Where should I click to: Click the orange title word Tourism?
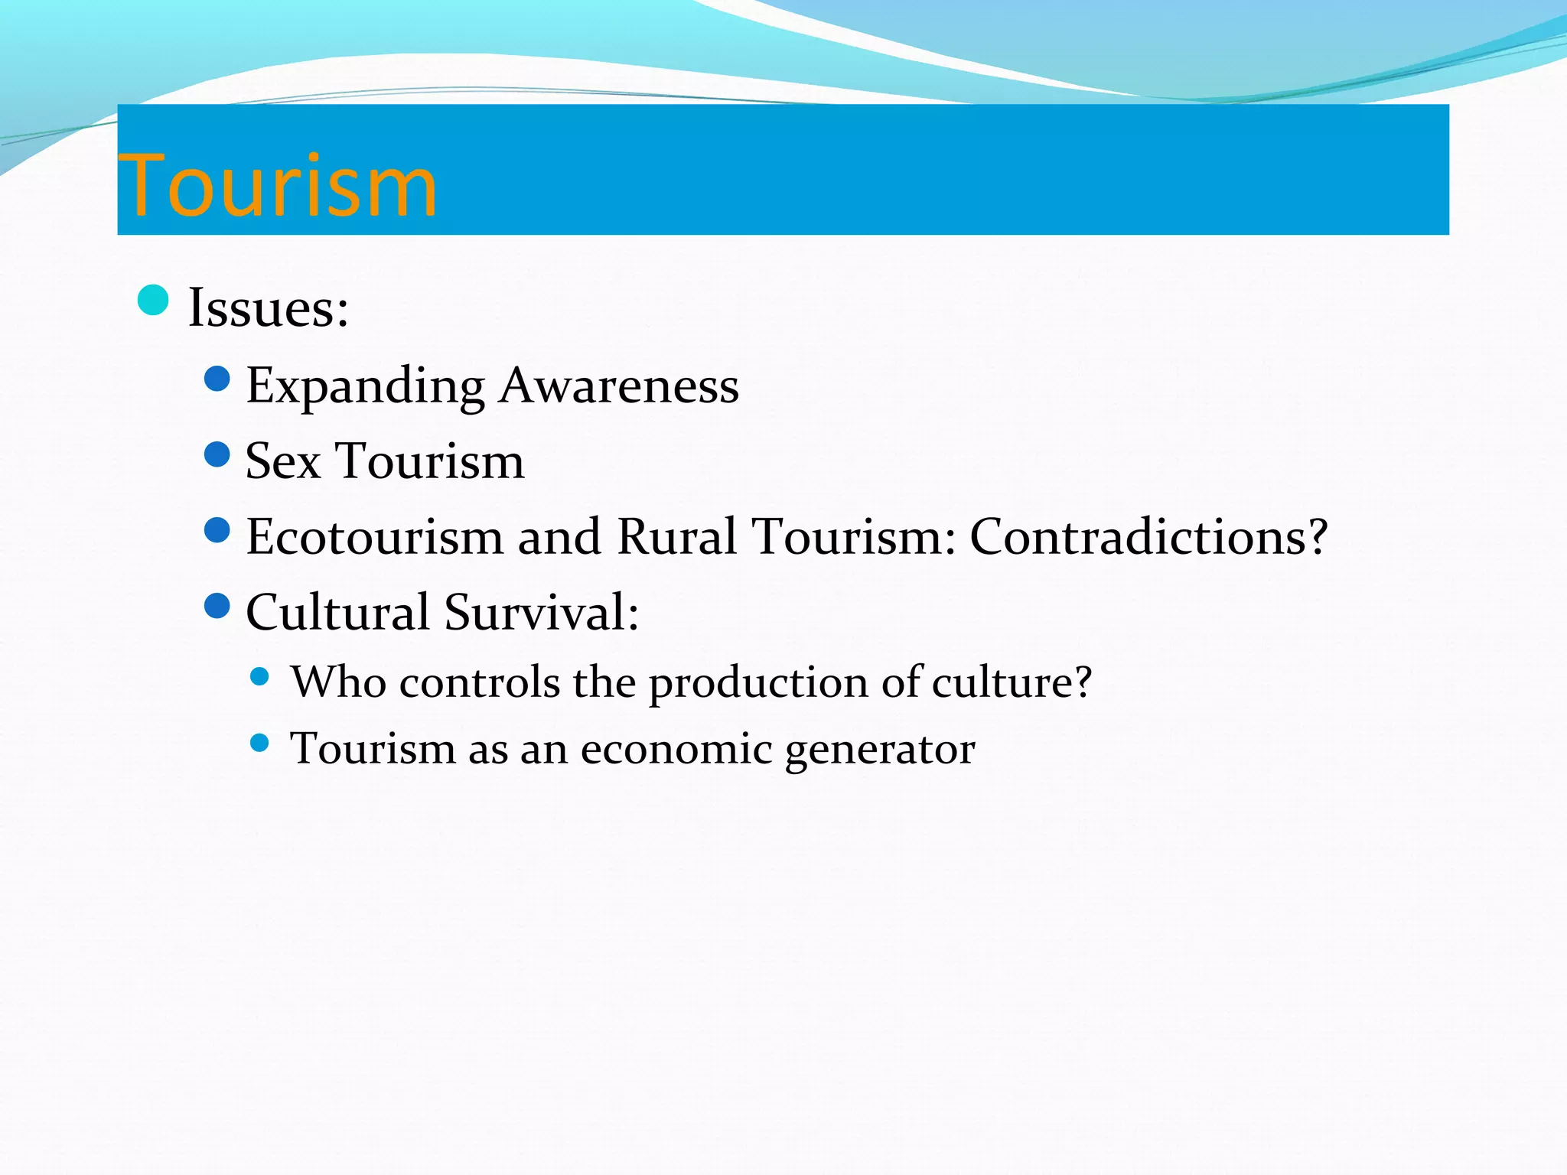(277, 186)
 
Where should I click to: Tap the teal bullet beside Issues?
(153, 300)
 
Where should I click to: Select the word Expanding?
(366, 386)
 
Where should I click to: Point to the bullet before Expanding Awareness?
(218, 379)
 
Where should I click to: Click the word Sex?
(282, 461)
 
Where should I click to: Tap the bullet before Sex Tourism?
(218, 454)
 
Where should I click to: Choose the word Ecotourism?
(375, 536)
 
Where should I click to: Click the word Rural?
(676, 536)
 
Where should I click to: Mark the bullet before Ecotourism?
(218, 530)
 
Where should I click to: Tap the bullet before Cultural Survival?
(218, 606)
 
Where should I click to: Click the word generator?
(880, 750)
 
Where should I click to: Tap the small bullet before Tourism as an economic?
(260, 743)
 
